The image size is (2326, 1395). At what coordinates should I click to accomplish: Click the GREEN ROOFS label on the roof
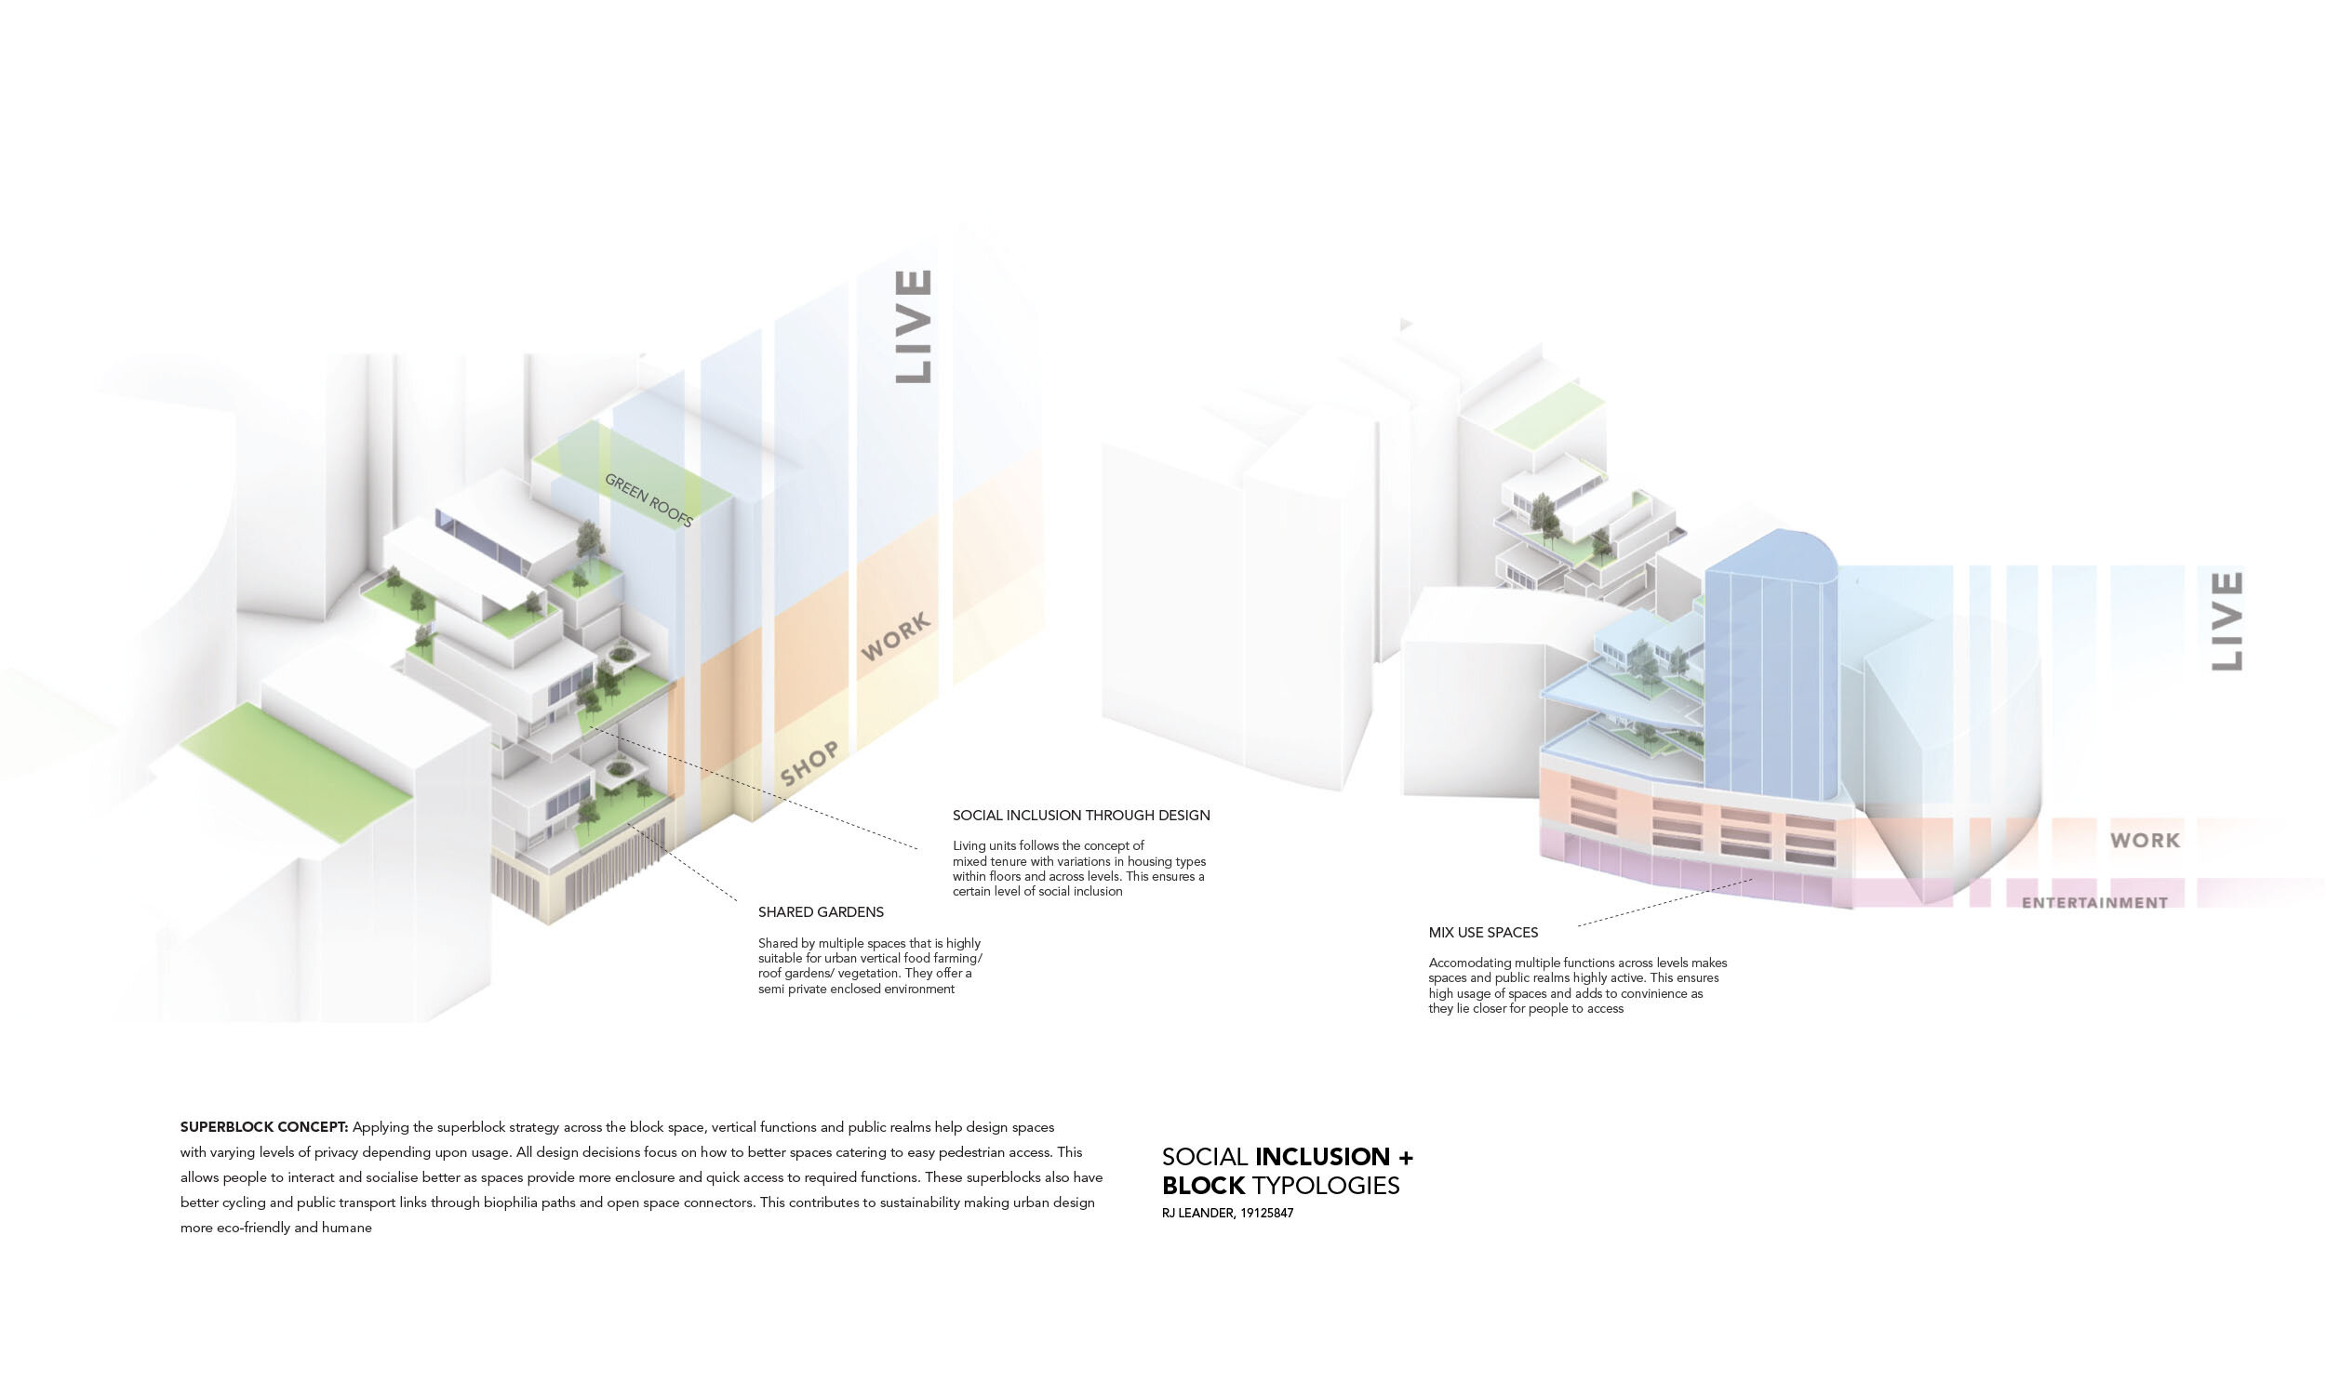648,499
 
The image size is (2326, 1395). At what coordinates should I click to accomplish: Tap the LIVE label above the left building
913,326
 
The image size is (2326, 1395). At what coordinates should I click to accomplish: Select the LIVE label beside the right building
2227,621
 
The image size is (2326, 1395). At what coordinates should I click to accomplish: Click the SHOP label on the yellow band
809,764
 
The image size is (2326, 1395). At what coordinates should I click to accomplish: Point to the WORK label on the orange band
896,636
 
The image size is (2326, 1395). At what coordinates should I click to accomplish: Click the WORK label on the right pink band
2145,841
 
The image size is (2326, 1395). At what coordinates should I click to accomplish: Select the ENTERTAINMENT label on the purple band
2094,902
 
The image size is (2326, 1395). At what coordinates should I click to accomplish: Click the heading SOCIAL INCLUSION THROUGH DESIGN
1081,816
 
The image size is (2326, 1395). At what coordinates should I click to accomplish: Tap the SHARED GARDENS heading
821,911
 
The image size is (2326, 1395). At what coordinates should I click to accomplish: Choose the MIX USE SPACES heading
1484,933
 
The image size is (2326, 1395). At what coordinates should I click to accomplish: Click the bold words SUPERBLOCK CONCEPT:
264,1127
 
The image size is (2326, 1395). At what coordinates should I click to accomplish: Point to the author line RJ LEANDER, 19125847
1227,1214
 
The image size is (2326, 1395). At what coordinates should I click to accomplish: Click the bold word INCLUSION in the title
1322,1156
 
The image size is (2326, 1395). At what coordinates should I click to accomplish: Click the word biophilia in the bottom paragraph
512,1202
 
